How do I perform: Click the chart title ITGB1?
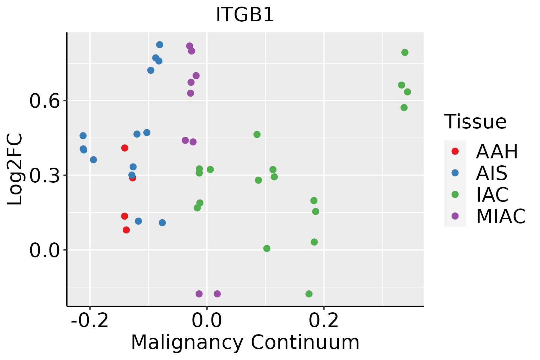[x=245, y=15]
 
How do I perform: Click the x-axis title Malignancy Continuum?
[x=245, y=342]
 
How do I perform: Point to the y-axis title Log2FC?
[x=15, y=169]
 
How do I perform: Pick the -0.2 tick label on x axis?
[x=90, y=321]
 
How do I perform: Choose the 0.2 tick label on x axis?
[x=324, y=321]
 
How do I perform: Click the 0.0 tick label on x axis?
[x=207, y=321]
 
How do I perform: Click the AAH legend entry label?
[x=497, y=151]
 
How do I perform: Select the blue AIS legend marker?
[x=455, y=173]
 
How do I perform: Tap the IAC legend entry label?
[x=492, y=195]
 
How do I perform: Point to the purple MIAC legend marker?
[x=455, y=216]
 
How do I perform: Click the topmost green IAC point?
[x=405, y=52]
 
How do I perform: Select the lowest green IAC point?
[x=309, y=294]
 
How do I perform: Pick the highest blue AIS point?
[x=160, y=45]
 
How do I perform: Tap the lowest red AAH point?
[x=126, y=230]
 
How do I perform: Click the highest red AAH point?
[x=125, y=148]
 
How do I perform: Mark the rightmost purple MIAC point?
[x=217, y=294]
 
